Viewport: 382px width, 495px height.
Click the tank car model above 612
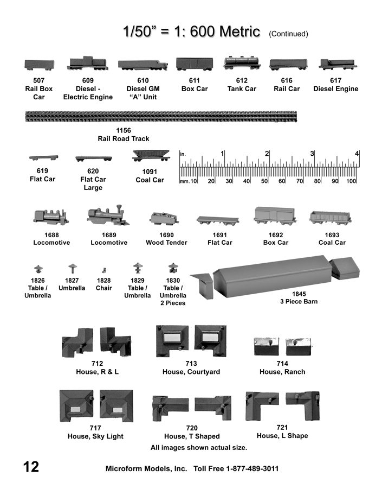pyautogui.click(x=242, y=63)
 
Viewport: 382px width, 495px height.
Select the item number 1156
pyautogui.click(x=124, y=130)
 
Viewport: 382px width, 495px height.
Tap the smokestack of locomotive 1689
pyautogui.click(x=119, y=210)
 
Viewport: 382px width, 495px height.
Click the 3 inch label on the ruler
pyautogui.click(x=312, y=154)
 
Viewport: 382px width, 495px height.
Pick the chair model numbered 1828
pyautogui.click(x=104, y=270)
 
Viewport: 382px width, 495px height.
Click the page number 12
pyautogui.click(x=31, y=467)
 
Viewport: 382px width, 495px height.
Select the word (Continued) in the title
pyautogui.click(x=288, y=34)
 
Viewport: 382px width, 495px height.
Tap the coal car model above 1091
pyautogui.click(x=151, y=156)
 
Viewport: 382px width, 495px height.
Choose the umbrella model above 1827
pyautogui.click(x=73, y=268)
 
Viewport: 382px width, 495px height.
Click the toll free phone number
pyautogui.click(x=252, y=468)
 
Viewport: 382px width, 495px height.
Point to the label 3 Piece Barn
pyautogui.click(x=299, y=301)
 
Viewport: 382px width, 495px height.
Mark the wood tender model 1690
pyautogui.click(x=164, y=218)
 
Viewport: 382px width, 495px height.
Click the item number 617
pyautogui.click(x=335, y=80)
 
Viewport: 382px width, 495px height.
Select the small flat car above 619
pyautogui.click(x=43, y=157)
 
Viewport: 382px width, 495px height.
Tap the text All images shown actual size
pyautogui.click(x=199, y=448)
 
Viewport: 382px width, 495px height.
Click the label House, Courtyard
pyautogui.click(x=191, y=372)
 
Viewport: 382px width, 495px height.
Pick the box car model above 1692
pyautogui.click(x=275, y=216)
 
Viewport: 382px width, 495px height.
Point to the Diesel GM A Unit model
pyautogui.click(x=143, y=65)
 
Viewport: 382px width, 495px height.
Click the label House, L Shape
pyautogui.click(x=282, y=436)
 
